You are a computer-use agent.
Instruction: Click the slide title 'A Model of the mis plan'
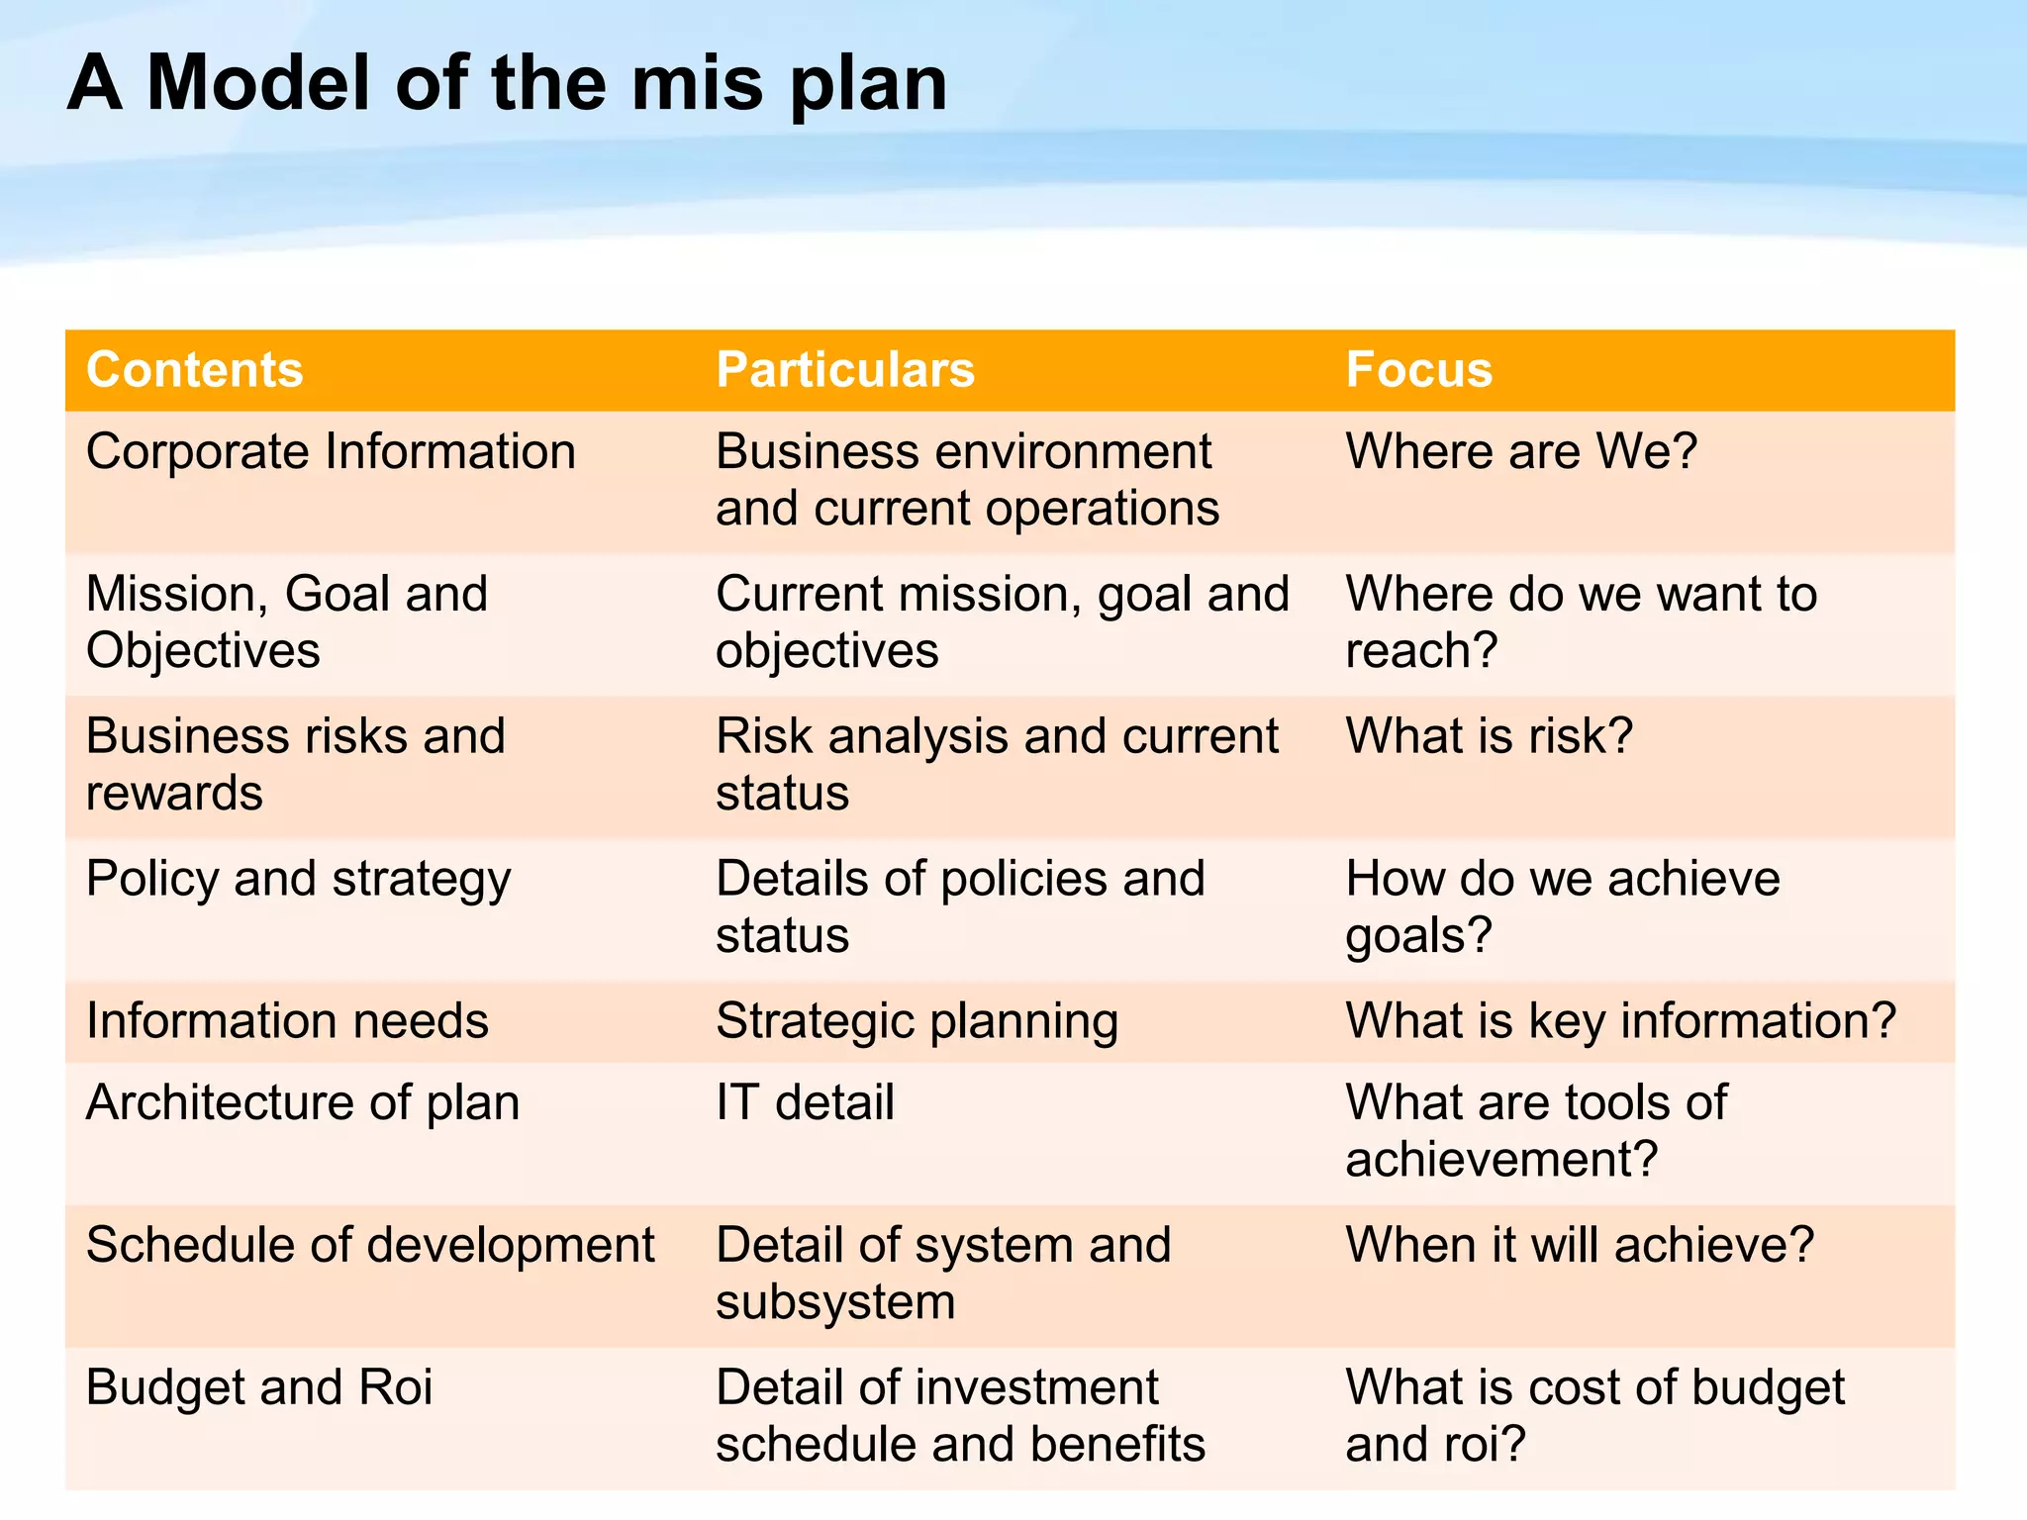point(507,83)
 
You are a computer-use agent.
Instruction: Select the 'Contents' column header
point(195,370)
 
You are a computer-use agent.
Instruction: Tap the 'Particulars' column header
point(845,370)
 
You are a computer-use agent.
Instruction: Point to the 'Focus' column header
point(1418,370)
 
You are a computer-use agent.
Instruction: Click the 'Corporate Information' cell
point(331,452)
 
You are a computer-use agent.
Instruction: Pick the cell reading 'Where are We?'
point(1521,452)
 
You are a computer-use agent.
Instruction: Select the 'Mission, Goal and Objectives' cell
point(287,622)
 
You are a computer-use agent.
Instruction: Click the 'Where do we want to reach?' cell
point(1581,622)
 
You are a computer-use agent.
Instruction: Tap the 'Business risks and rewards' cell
point(295,765)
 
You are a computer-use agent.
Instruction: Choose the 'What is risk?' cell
point(1489,737)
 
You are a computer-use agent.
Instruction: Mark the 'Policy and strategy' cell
point(298,880)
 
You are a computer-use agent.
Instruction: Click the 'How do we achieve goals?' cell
point(1562,907)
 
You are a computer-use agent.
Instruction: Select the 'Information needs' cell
point(287,1021)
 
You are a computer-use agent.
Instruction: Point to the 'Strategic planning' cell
point(917,1021)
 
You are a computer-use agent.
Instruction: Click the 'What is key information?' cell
point(1620,1021)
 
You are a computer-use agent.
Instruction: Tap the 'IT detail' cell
point(805,1103)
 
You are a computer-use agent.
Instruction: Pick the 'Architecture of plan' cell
point(303,1103)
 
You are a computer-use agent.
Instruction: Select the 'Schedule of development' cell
point(370,1246)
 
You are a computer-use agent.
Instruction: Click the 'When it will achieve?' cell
point(1580,1246)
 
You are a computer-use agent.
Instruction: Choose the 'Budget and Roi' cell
point(259,1388)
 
